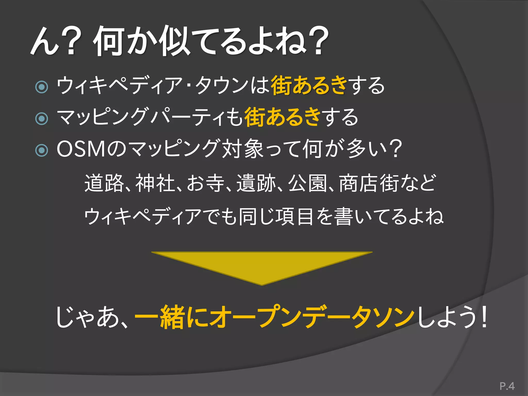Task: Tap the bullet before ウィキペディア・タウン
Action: pos(42,87)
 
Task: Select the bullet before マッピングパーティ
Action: pos(42,118)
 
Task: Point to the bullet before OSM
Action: pos(42,150)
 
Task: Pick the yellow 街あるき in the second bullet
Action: pos(282,118)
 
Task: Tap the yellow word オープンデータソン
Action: pos(312,317)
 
